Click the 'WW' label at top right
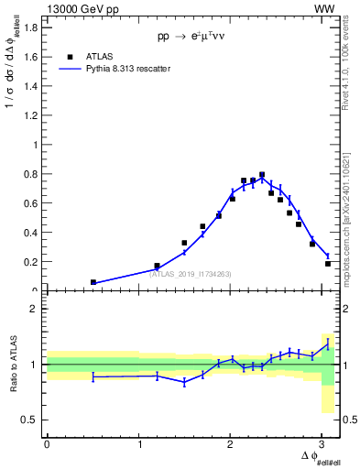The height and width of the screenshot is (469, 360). (325, 8)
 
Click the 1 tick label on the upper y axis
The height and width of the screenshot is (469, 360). (34, 145)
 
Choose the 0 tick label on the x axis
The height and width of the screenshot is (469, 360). (47, 444)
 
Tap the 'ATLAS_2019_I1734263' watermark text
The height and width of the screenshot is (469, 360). (182, 273)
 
